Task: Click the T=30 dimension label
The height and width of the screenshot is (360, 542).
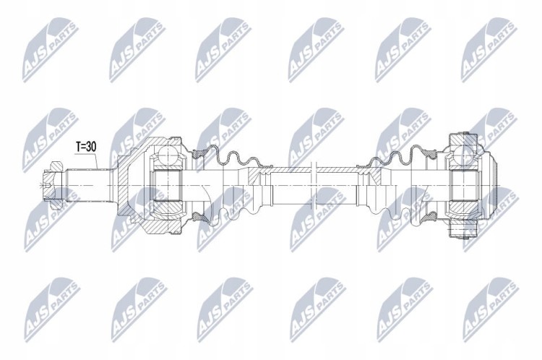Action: [x=86, y=147]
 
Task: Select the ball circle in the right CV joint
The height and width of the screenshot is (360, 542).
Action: [x=463, y=154]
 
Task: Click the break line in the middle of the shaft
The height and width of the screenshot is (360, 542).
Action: [x=314, y=185]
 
